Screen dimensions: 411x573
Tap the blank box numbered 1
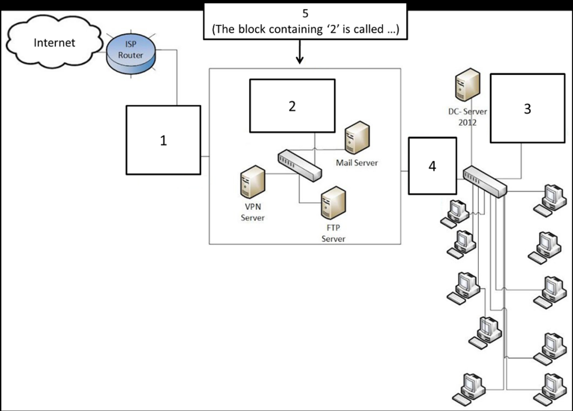coord(163,140)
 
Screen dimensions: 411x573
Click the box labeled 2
coord(292,106)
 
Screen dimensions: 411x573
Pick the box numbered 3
coord(527,108)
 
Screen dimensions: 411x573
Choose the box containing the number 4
coord(432,166)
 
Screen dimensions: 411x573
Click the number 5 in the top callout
coord(305,13)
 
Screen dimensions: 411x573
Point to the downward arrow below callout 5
coord(299,53)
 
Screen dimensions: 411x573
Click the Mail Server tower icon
coord(357,138)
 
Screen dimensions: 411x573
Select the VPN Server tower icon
coord(252,182)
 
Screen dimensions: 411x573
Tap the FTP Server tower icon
coord(333,203)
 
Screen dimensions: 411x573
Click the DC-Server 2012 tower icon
coord(467,85)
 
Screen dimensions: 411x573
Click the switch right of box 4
coord(485,182)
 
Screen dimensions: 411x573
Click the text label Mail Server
coord(357,163)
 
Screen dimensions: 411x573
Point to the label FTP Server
coord(333,233)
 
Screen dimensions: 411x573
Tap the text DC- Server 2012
coord(467,117)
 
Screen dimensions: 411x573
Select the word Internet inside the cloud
coord(54,43)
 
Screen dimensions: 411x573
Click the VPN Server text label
coord(252,212)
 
